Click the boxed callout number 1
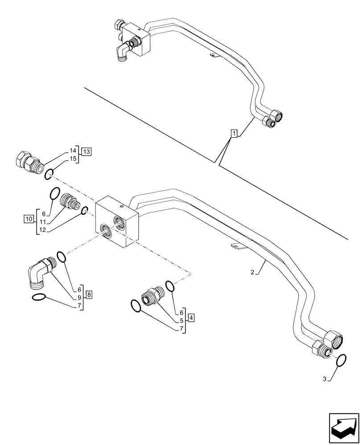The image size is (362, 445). (234, 133)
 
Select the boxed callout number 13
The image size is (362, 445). (86, 152)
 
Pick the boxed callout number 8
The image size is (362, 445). (89, 294)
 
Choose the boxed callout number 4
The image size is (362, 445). (191, 318)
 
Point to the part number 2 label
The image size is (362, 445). (252, 272)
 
